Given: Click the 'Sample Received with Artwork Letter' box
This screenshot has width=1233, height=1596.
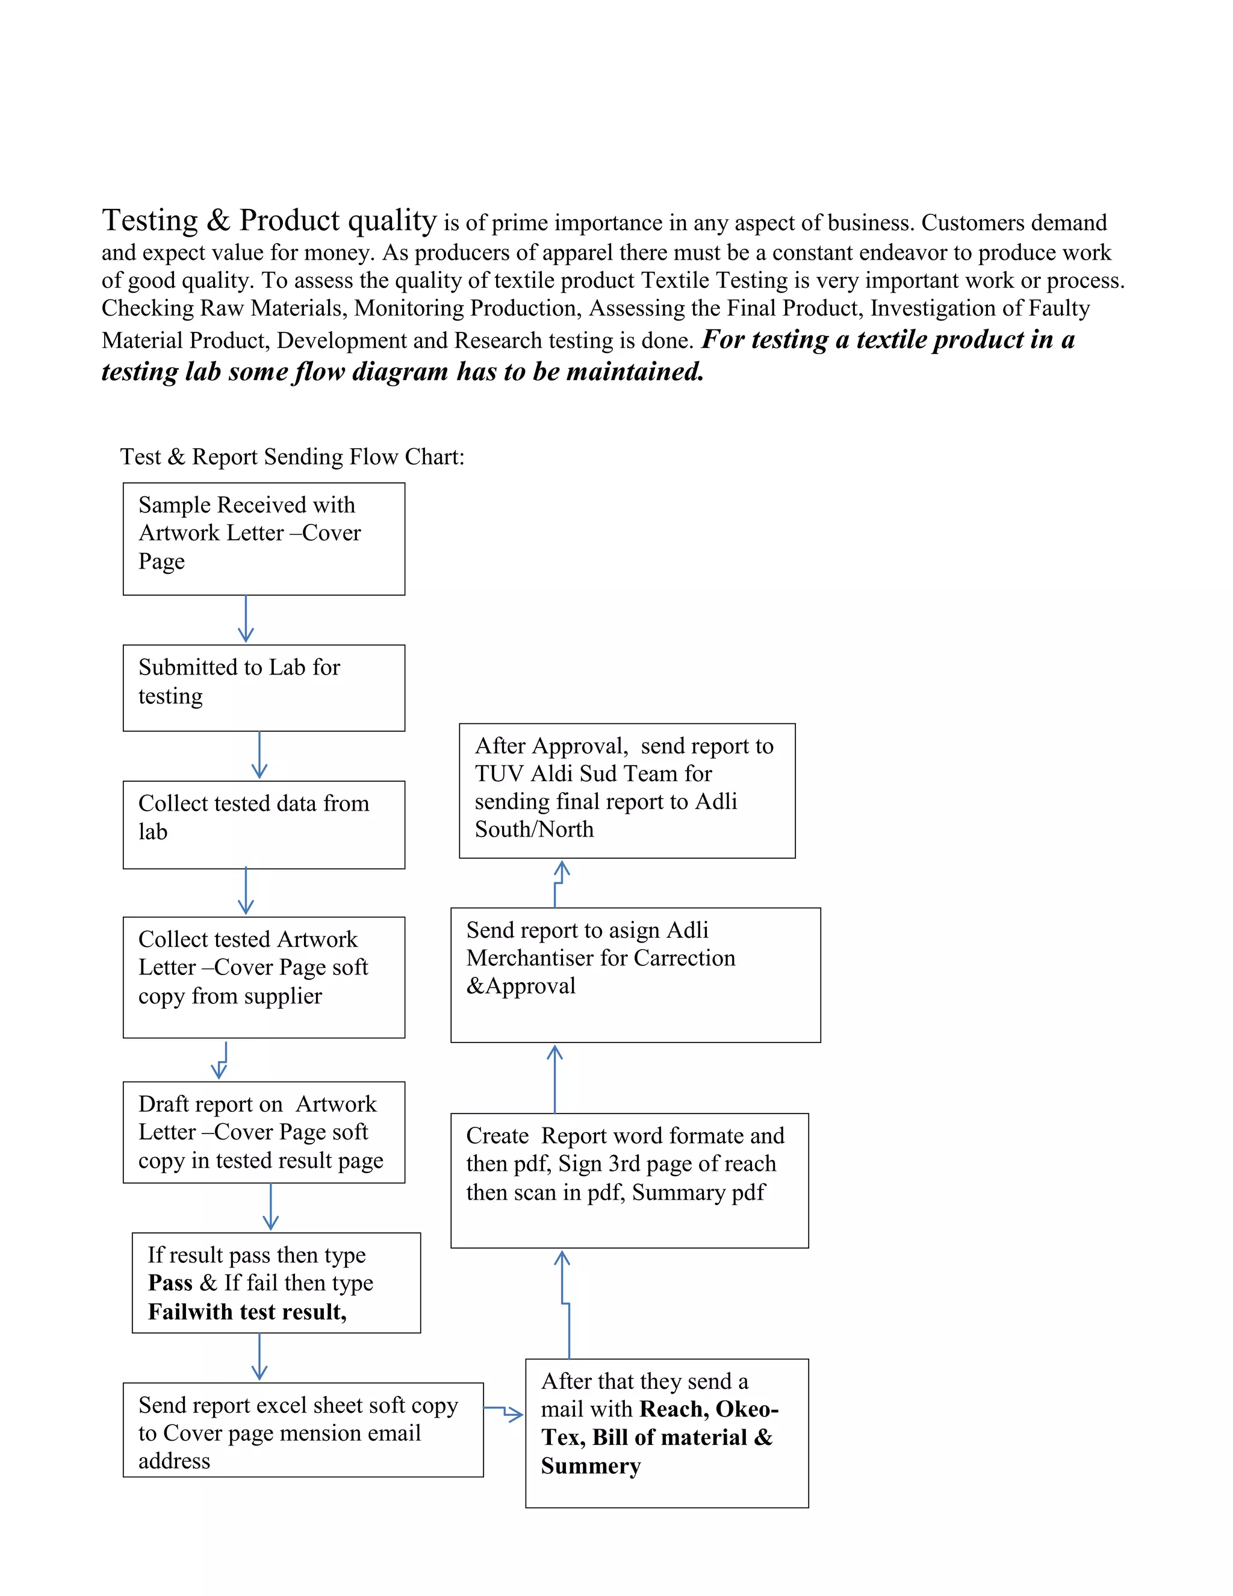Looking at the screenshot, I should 264,538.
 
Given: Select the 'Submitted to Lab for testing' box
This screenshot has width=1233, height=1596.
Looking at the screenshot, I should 264,688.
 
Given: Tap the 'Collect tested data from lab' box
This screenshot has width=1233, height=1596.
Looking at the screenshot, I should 264,824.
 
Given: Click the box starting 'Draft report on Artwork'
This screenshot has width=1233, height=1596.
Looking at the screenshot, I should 264,1132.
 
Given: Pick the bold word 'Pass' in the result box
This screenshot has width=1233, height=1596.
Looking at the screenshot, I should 170,1283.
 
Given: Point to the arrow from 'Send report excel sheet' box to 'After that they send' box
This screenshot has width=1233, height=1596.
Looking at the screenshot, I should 504,1412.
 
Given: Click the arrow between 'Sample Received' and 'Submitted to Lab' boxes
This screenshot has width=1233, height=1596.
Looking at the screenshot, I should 246,619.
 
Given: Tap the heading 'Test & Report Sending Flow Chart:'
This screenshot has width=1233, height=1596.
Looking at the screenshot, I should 292,457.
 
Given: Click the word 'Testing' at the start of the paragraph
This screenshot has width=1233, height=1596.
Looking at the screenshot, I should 150,220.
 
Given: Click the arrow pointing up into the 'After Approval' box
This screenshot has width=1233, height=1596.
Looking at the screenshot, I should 559,883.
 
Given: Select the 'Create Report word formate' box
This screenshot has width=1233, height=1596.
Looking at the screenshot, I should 630,1180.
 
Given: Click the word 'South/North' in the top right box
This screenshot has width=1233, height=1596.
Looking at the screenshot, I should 534,829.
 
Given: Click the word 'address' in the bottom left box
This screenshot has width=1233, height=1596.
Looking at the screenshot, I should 174,1462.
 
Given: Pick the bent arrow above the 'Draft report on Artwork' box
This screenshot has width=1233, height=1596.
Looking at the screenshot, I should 222,1061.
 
